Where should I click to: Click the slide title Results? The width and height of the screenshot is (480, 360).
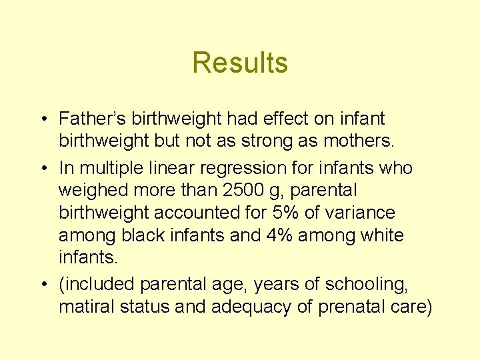[x=240, y=63]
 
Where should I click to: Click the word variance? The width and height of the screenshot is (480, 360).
[x=364, y=213]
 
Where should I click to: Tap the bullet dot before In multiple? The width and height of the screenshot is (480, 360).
[x=43, y=167]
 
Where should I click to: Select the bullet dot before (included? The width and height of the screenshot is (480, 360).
[x=43, y=285]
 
